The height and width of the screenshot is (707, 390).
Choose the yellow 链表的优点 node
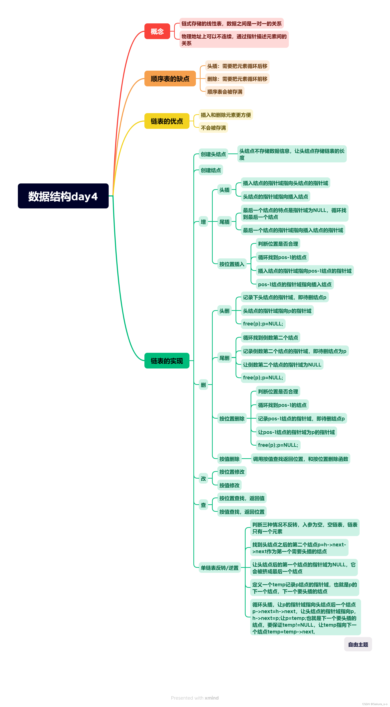click(x=167, y=121)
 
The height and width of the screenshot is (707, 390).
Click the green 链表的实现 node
click(x=167, y=361)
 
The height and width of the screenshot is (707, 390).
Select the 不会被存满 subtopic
click(x=213, y=128)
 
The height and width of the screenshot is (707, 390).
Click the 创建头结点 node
click(x=213, y=154)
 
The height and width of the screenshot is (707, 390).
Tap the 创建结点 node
click(x=211, y=170)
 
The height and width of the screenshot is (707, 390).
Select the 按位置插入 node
click(x=232, y=264)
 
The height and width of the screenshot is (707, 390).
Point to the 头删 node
click(x=224, y=311)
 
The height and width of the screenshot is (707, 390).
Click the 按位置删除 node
click(x=232, y=419)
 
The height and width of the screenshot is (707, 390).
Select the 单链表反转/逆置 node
click(x=220, y=568)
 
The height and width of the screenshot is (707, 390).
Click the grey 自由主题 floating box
click(x=358, y=644)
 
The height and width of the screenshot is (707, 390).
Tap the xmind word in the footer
click(x=212, y=698)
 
